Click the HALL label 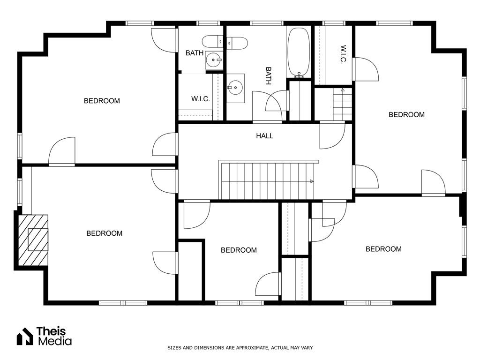click(264, 136)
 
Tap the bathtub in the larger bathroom click(299, 52)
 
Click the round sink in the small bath click(213, 60)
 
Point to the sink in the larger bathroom click(235, 88)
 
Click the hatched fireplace click(33, 240)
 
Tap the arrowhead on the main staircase click(312, 181)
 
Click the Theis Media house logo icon click(25, 336)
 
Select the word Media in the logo click(55, 341)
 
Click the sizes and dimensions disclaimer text click(240, 348)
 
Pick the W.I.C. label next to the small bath click(201, 99)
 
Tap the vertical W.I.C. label click(343, 54)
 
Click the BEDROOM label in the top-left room click(102, 101)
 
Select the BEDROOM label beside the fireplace click(105, 233)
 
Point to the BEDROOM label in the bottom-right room click(383, 249)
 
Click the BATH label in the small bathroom click(195, 53)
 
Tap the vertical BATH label click(268, 76)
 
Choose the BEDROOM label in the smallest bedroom click(239, 250)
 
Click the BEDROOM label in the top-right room click(406, 114)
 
